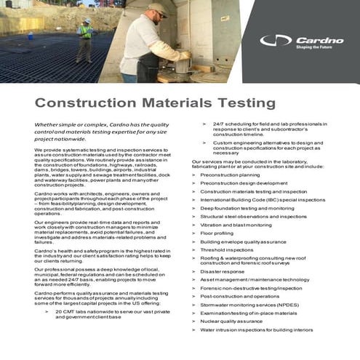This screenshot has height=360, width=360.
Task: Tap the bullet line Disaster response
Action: click(x=223, y=271)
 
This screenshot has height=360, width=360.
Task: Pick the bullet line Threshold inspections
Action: click(x=227, y=249)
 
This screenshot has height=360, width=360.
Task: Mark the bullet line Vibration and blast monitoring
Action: click(x=236, y=224)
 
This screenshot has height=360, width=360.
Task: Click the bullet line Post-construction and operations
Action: click(x=239, y=296)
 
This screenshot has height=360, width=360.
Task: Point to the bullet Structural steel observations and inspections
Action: click(x=253, y=216)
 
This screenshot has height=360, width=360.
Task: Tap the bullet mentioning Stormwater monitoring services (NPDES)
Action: click(x=249, y=305)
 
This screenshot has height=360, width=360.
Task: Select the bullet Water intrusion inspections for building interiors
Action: click(x=256, y=329)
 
